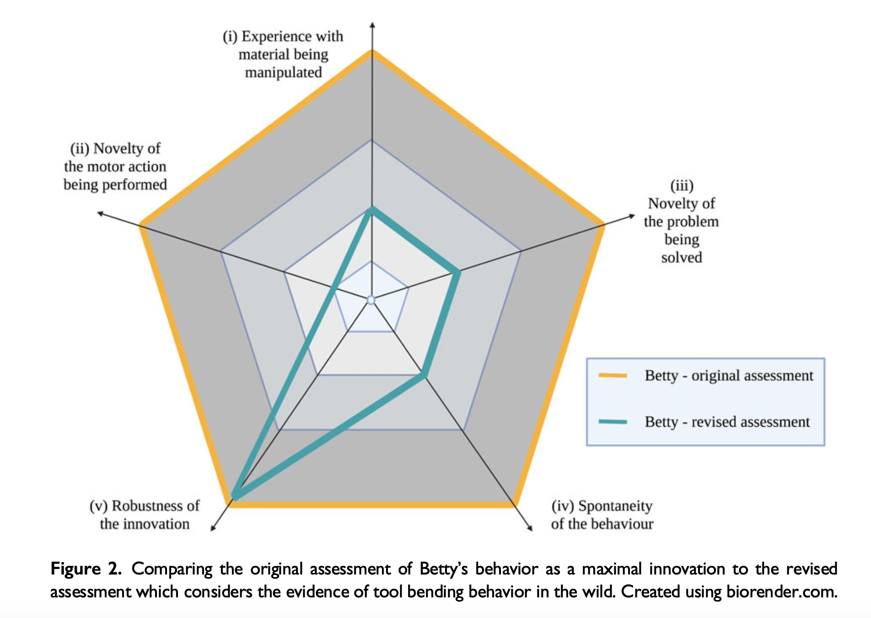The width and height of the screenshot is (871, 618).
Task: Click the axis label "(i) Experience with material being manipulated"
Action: pyautogui.click(x=283, y=54)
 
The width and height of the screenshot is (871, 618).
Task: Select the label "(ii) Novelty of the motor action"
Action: pyautogui.click(x=115, y=167)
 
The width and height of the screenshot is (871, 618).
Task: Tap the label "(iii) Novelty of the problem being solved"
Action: pyautogui.click(x=681, y=222)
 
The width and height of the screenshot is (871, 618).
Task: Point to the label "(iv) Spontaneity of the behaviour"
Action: pyautogui.click(x=602, y=515)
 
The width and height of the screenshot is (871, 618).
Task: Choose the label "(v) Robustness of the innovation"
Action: pyautogui.click(x=145, y=515)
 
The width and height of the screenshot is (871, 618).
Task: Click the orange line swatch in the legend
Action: pyautogui.click(x=613, y=375)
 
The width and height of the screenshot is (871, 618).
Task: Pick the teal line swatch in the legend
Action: pyautogui.click(x=613, y=422)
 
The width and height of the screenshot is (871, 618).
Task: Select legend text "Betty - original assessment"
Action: pyautogui.click(x=729, y=375)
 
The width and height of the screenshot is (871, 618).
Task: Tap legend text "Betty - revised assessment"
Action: pyautogui.click(x=727, y=422)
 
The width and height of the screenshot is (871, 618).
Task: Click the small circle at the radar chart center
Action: pyautogui.click(x=371, y=300)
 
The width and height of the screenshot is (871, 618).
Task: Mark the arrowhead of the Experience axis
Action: pyautogui.click(x=372, y=24)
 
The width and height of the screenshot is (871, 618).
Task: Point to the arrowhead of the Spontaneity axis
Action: pyautogui.click(x=531, y=529)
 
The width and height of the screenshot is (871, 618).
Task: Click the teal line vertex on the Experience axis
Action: pyautogui.click(x=372, y=210)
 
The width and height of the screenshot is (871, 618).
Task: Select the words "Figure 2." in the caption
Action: pyautogui.click(x=86, y=569)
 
